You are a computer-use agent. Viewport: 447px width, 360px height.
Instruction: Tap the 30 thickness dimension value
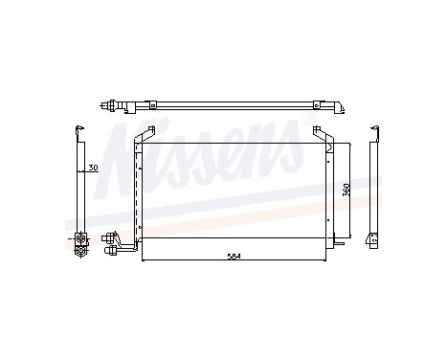tap(93, 169)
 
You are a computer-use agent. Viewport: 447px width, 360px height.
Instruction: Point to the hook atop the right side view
tap(375, 130)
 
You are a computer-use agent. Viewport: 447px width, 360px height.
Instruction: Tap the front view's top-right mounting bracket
tap(320, 135)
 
